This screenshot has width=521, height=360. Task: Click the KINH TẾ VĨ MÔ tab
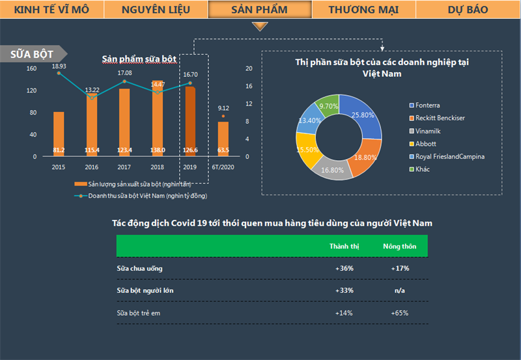coord(51,10)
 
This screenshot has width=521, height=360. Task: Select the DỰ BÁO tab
coord(468,10)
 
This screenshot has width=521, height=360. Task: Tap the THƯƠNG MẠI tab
coord(364,10)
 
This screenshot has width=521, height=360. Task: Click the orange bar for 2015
coord(59,133)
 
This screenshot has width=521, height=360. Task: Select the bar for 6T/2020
coord(223,139)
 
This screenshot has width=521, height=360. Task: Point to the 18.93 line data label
coord(59,66)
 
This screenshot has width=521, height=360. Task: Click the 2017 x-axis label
coord(124,167)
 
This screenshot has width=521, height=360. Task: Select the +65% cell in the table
coord(400,313)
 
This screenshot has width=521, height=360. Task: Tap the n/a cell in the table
coord(400,290)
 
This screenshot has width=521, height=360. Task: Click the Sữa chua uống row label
coord(139,268)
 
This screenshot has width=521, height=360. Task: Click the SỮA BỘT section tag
coord(33,54)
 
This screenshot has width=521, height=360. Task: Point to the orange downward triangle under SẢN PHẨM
coord(260,27)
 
